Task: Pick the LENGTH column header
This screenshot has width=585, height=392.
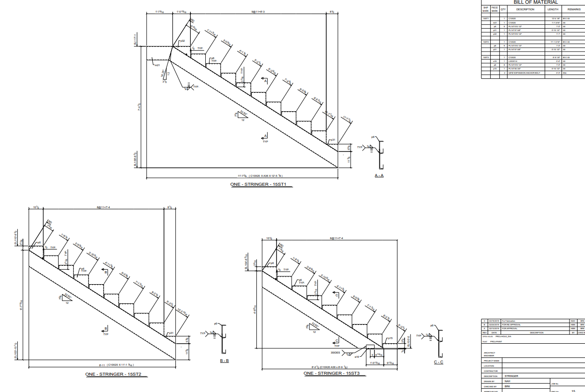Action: tap(553, 9)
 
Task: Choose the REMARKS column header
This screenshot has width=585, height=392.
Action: tap(574, 9)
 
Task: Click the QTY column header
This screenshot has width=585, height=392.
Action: tap(503, 9)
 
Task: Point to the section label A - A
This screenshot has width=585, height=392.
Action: tap(379, 175)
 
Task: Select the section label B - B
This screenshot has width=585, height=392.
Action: tap(224, 361)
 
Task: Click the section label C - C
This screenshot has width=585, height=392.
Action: tap(438, 362)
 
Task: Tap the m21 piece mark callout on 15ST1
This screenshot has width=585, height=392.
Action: tap(157, 66)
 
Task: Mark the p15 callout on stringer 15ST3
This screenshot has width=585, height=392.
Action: tap(390, 338)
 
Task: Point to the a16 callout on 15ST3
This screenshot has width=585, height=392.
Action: tap(357, 357)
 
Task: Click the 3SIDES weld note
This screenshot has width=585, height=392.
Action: tap(335, 352)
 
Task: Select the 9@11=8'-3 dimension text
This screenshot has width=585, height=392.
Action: tap(258, 11)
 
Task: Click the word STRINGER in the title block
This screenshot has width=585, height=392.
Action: tap(511, 376)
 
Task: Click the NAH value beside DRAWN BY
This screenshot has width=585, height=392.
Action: tap(507, 381)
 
